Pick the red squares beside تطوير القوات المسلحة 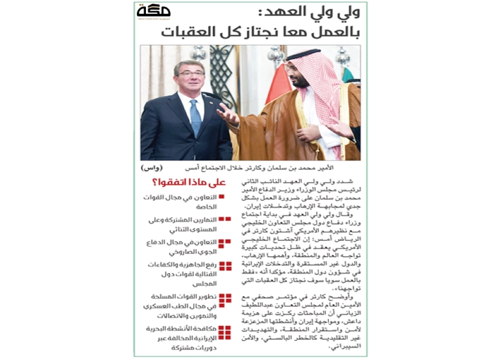(x=225, y=297)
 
